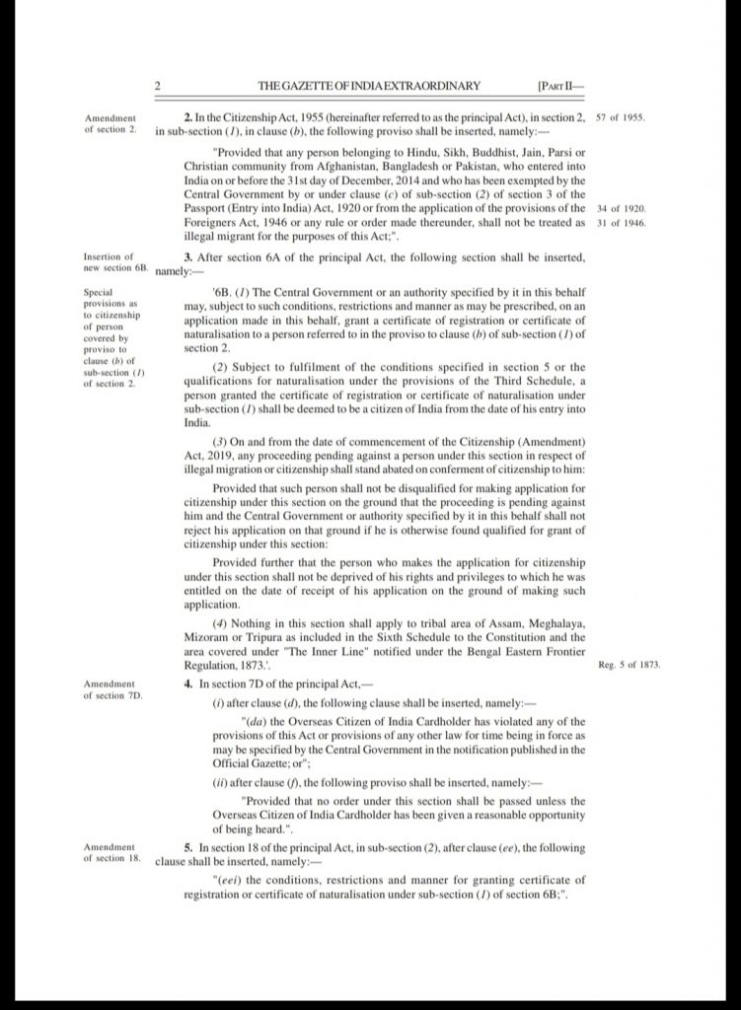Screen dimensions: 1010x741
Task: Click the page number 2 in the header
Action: (158, 86)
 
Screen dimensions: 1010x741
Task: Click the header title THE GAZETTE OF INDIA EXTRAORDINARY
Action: (369, 86)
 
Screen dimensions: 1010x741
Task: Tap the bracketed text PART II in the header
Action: (561, 86)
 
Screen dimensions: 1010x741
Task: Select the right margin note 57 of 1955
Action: (622, 117)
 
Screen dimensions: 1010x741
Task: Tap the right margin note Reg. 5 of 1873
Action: (629, 665)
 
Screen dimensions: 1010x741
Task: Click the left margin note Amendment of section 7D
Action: (113, 688)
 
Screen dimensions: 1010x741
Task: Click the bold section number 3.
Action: (188, 257)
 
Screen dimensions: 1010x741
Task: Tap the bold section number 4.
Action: (188, 684)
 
